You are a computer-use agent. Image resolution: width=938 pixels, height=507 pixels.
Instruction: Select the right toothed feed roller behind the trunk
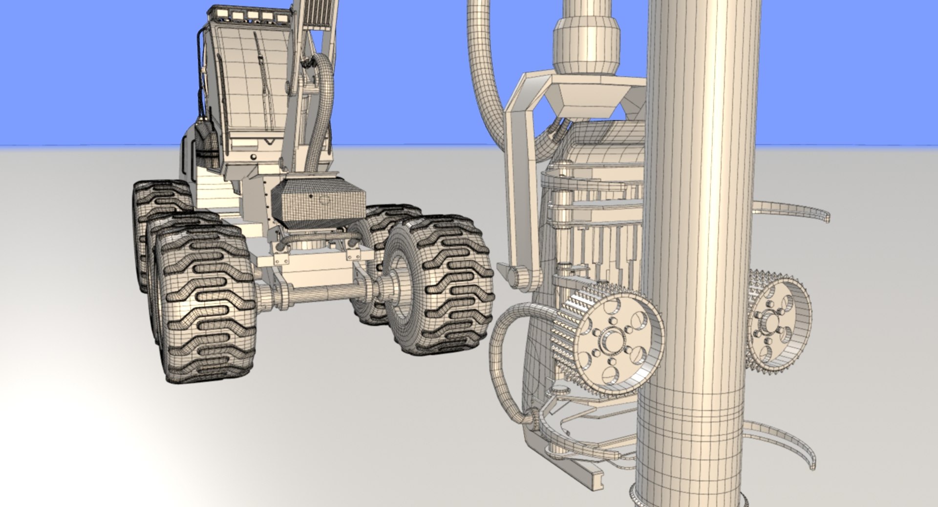777,322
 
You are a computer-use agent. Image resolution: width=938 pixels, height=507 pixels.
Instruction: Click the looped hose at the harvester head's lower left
503,352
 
